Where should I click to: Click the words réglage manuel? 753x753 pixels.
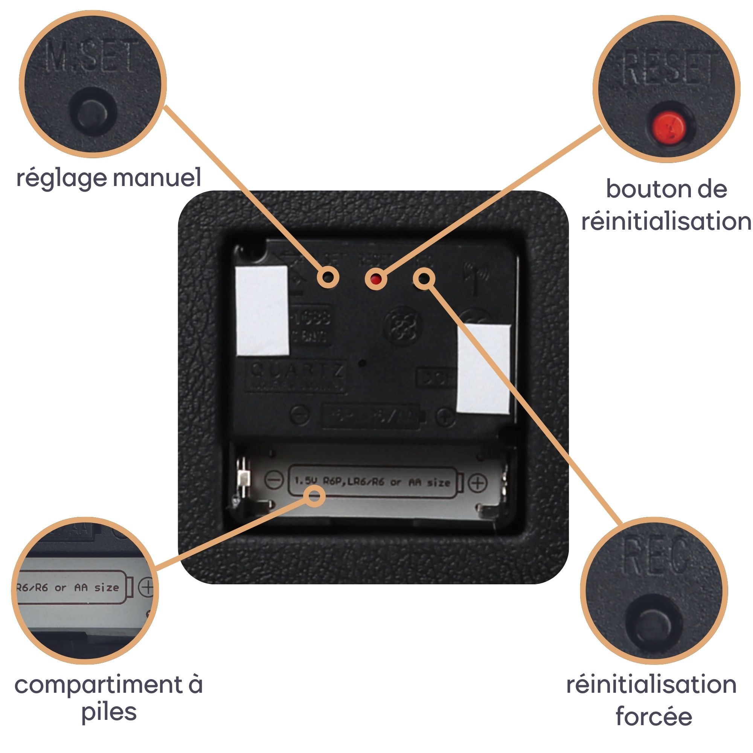tap(109, 178)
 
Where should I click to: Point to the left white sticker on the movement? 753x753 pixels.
tap(262, 310)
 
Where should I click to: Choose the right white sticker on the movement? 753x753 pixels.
tap(483, 368)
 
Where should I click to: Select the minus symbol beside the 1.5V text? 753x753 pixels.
tap(274, 480)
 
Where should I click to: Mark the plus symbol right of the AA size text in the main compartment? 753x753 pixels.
tap(477, 483)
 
